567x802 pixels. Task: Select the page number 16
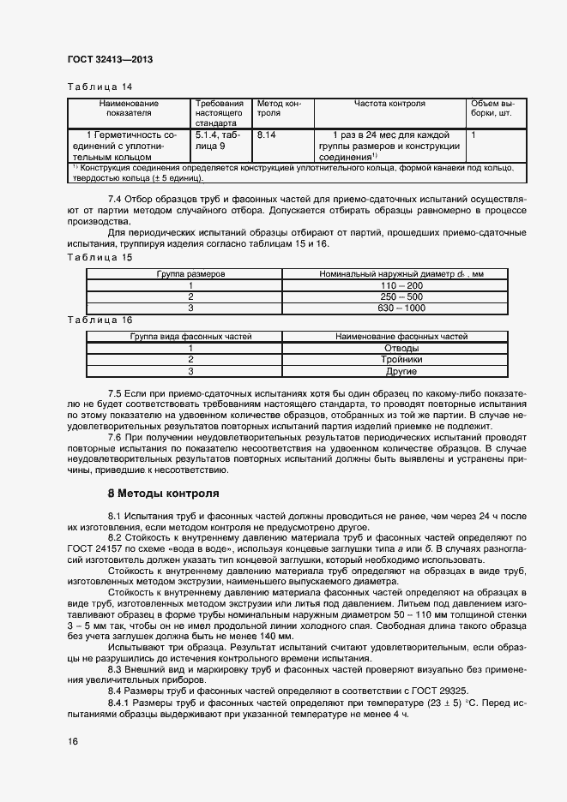click(x=73, y=741)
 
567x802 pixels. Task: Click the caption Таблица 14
click(x=99, y=87)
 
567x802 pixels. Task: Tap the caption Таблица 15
click(x=99, y=258)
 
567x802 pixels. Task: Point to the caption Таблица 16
click(x=99, y=320)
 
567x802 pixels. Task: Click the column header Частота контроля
click(x=389, y=104)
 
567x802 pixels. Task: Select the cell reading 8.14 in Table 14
click(x=266, y=135)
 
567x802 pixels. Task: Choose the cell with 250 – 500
click(x=401, y=296)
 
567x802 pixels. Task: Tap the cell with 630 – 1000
click(x=401, y=308)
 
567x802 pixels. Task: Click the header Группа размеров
click(x=190, y=275)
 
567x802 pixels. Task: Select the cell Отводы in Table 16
click(x=401, y=349)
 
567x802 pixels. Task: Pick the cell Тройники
click(x=401, y=360)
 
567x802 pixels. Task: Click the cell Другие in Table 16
click(x=401, y=371)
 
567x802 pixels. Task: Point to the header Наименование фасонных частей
click(x=401, y=337)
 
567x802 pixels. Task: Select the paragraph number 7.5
click(x=119, y=390)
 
